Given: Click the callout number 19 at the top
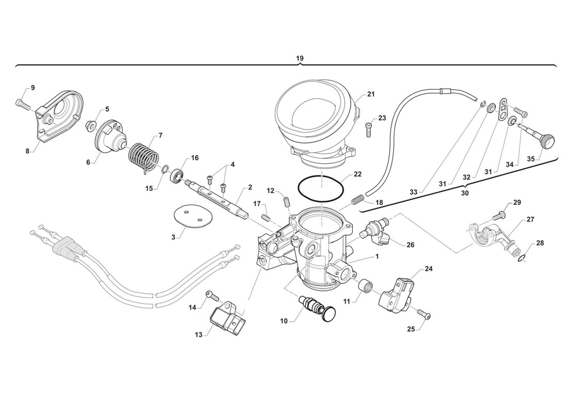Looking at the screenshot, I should pos(299,59).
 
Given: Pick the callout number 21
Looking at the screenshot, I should pos(371,94).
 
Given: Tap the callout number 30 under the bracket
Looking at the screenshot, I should pos(464,193).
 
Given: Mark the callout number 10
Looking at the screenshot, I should pos(283,321).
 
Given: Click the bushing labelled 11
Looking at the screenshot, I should pos(366,284).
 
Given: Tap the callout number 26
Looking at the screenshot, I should pos(410,245).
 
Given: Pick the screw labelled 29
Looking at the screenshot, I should pos(501,212).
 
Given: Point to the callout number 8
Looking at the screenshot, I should pos(28,151).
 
